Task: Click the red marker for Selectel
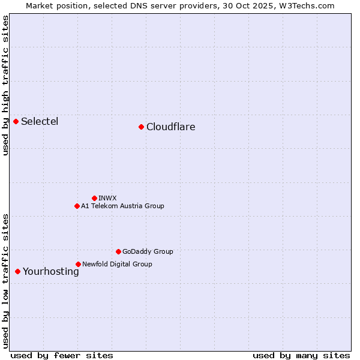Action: coord(16,121)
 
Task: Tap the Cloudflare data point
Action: coord(141,127)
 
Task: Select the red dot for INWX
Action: coord(94,198)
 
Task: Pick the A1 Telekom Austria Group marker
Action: coord(77,206)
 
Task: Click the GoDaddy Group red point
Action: coord(118,251)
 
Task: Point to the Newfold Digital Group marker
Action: coord(78,264)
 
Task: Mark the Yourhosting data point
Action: coord(17,271)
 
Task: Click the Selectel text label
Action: coord(40,122)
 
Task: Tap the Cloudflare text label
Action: coord(171,127)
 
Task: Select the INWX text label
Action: coord(108,198)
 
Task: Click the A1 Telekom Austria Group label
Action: coord(122,206)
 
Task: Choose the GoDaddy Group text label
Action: coord(148,252)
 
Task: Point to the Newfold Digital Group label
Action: coord(117,264)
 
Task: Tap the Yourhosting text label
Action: coord(51,272)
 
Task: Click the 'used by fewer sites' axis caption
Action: coord(62,355)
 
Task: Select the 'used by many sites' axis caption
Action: coord(301,355)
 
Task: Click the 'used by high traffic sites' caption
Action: coord(6,85)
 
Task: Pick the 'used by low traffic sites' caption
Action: coord(6,280)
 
